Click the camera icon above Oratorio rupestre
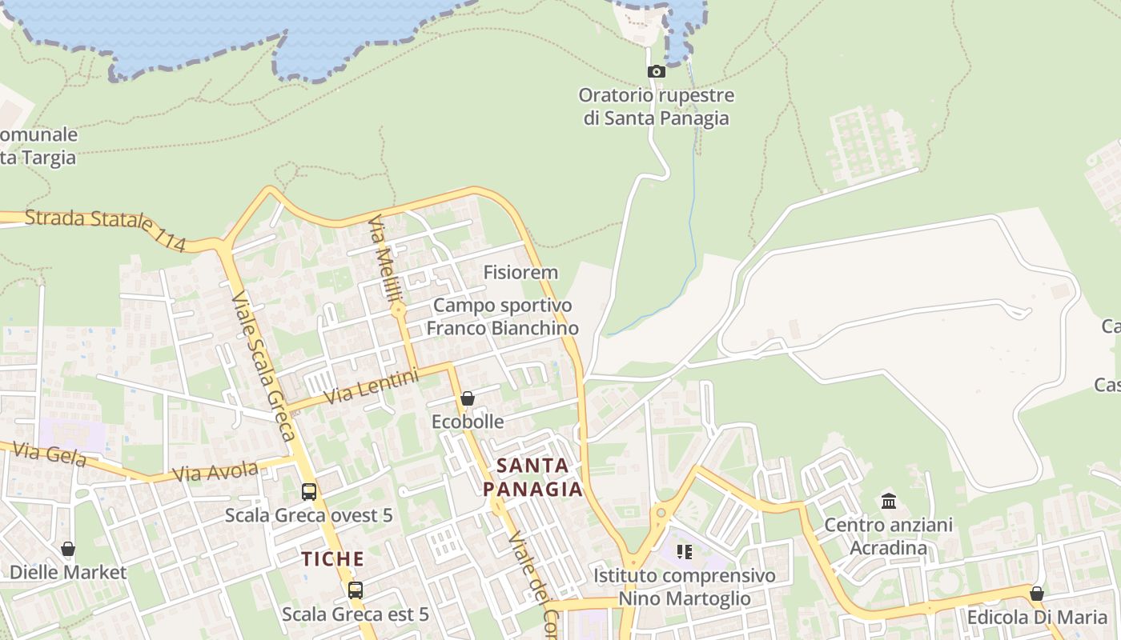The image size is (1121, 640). (657, 72)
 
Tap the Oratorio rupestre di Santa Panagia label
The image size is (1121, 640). (657, 107)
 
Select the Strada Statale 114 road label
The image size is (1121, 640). (105, 230)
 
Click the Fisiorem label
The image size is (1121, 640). (520, 273)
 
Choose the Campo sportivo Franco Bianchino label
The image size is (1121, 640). (503, 317)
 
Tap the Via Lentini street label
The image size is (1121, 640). (372, 386)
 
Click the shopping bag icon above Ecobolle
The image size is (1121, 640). (468, 398)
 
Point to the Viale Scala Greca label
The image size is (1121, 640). (263, 366)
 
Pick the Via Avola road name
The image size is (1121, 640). (215, 471)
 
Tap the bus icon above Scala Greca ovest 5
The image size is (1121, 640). (309, 492)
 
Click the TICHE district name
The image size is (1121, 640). (333, 559)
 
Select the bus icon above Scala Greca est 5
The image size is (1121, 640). (356, 590)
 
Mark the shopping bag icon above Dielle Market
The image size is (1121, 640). (68, 550)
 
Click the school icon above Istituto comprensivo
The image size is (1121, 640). (684, 551)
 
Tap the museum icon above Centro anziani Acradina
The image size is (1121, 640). (889, 502)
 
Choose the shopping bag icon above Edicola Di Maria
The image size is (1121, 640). (1037, 594)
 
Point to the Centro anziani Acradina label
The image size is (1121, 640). (889, 537)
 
